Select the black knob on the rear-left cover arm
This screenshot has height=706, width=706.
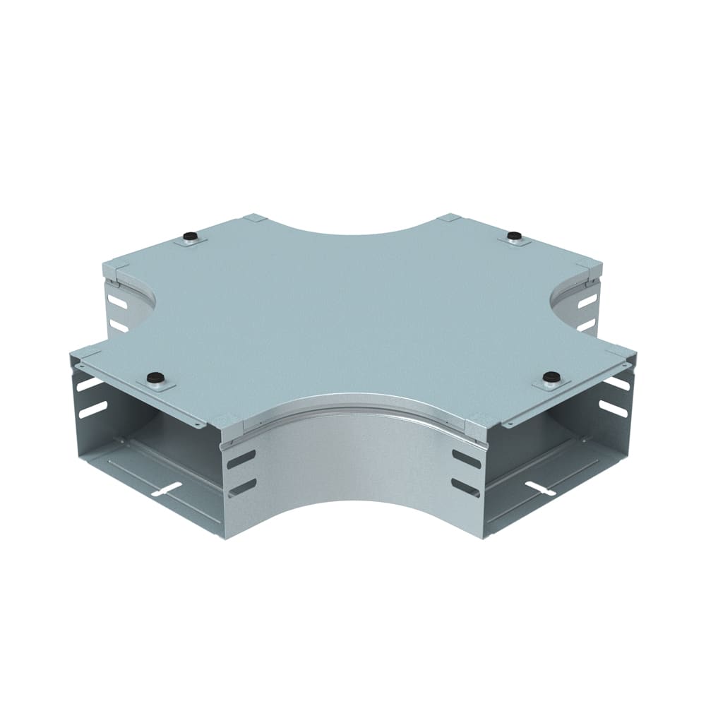point(189,236)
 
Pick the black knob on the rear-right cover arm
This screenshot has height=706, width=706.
point(515,234)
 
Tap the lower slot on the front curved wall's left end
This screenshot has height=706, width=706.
point(241,486)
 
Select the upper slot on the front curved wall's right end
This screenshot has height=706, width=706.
point(466,457)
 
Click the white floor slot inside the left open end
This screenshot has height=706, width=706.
point(164,488)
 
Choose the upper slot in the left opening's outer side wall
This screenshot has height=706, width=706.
point(90,385)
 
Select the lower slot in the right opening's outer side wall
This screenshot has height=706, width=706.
point(614,408)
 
